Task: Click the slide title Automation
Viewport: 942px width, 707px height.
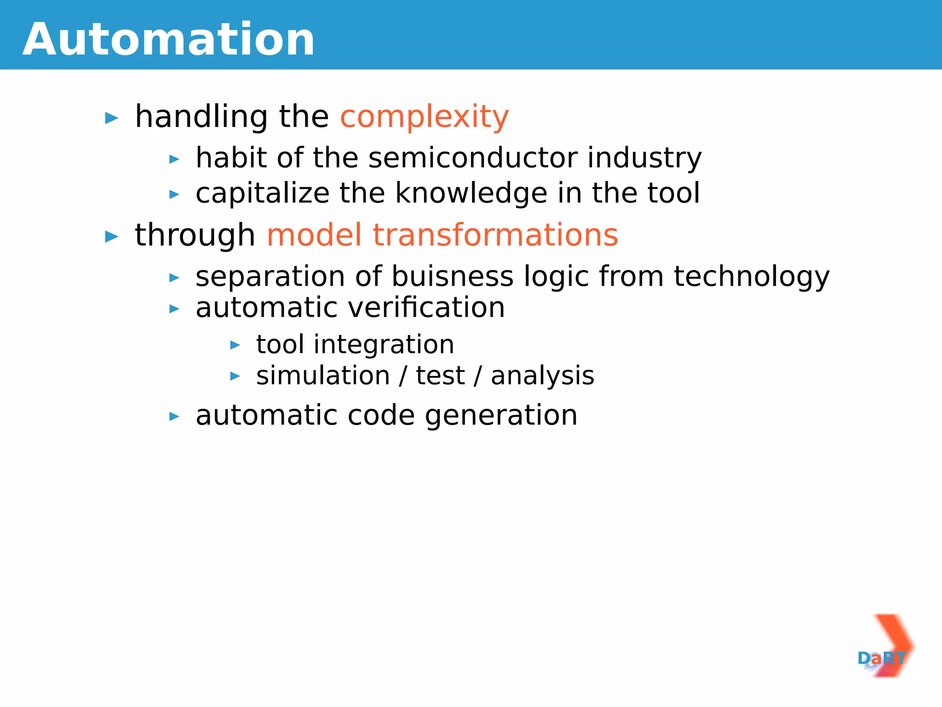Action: point(168,40)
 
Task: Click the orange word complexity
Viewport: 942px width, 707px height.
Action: point(424,117)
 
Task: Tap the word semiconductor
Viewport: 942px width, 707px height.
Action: point(472,158)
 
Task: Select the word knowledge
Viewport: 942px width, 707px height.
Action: point(471,193)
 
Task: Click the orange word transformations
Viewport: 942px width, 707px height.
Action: point(495,235)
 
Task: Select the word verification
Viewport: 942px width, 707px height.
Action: point(426,308)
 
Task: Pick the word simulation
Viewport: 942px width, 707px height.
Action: point(323,376)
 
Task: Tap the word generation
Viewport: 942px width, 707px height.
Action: point(501,416)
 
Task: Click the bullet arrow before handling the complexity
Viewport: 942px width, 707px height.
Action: point(112,118)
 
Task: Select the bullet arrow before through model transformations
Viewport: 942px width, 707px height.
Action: point(112,237)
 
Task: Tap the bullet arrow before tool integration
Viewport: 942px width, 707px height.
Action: point(235,345)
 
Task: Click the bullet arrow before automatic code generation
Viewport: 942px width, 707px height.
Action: point(174,417)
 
